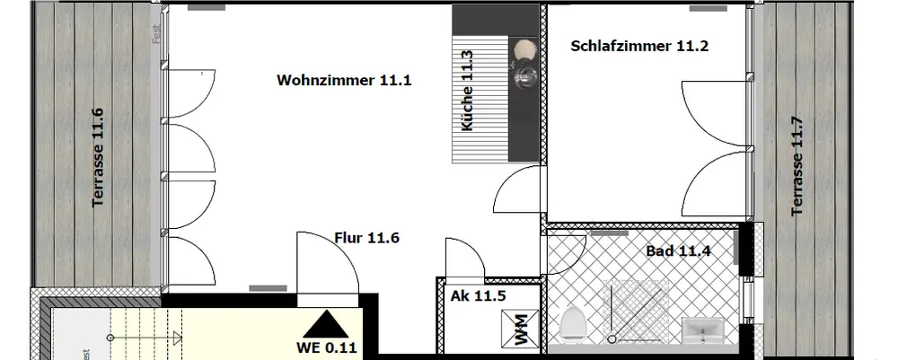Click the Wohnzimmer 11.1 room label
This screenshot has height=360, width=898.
click(x=344, y=80)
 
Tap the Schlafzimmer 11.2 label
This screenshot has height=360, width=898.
click(x=639, y=47)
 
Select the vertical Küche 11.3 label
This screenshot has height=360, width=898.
click(x=466, y=92)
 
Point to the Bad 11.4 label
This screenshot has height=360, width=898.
click(x=678, y=250)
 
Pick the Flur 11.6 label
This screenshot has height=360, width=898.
click(x=366, y=238)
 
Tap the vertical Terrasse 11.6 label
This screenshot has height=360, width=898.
click(x=98, y=157)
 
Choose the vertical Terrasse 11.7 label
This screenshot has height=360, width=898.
click(x=796, y=166)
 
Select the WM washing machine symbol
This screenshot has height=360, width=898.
click(x=521, y=328)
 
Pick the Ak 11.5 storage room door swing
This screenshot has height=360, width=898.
click(x=463, y=259)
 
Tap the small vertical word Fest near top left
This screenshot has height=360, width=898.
click(x=156, y=34)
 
